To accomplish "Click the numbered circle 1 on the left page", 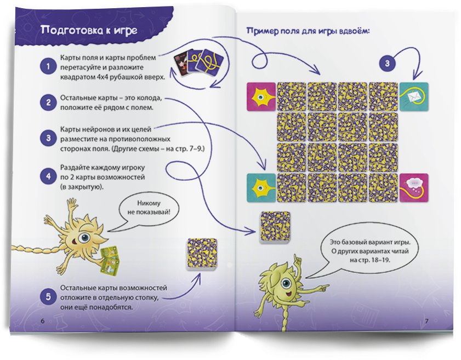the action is click(48, 66).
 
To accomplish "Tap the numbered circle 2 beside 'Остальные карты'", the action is click(48, 102).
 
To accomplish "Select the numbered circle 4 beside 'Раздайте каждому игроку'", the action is click(48, 176).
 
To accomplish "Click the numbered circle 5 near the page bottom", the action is click(48, 296).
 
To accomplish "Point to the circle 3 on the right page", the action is click(387, 64).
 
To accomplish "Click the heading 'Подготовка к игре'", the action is click(89, 30).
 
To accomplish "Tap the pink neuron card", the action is click(261, 96).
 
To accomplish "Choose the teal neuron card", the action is click(261, 188).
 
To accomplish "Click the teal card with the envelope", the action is click(414, 96).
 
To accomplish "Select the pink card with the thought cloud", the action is click(414, 188).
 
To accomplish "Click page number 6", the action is click(43, 321).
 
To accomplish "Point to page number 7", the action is click(427, 321).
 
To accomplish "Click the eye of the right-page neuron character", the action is click(286, 284).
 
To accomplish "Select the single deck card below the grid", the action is click(275, 227).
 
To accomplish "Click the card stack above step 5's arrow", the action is click(202, 254).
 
